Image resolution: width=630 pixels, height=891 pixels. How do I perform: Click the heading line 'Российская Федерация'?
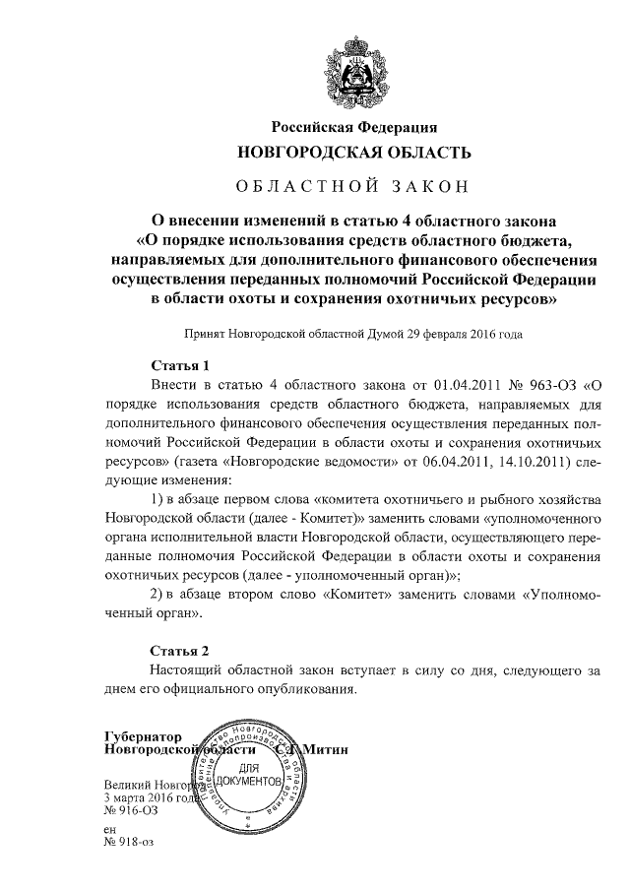pos(353,127)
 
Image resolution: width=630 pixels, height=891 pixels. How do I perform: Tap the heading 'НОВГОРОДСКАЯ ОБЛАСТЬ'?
pos(353,153)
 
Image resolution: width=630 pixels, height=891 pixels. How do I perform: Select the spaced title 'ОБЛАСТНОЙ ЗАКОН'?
pos(353,184)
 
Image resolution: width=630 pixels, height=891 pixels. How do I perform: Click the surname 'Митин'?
pos(326,749)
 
